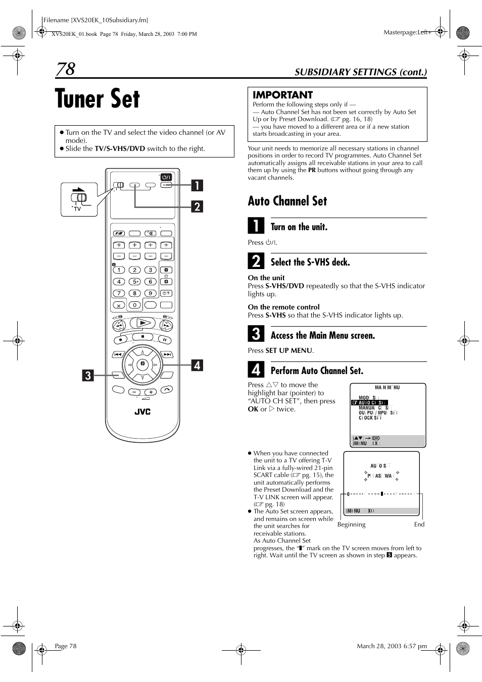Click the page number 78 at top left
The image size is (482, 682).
coord(66,69)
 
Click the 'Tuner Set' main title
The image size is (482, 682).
coord(98,98)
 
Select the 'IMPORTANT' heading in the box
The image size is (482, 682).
coord(282,95)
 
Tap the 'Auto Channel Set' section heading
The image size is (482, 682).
coord(287,201)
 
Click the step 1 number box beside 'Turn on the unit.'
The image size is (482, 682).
coord(256,225)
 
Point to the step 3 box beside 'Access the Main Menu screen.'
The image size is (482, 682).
coord(256,334)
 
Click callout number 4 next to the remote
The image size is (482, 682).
coord(197,365)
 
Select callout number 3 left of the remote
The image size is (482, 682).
coord(88,375)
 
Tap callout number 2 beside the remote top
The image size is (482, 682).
coord(197,206)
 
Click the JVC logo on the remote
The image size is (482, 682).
coord(142,412)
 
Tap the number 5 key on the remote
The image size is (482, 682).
coord(134,282)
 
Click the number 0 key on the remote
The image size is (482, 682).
coord(134,305)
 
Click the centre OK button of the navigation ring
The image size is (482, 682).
coord(142,363)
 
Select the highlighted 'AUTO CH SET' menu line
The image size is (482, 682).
coord(370,402)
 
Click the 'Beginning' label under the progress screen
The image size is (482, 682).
coord(351,524)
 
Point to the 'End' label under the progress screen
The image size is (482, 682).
coord(419,524)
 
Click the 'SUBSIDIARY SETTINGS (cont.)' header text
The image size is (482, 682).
coord(360,72)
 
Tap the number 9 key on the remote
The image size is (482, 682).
coord(150,293)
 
